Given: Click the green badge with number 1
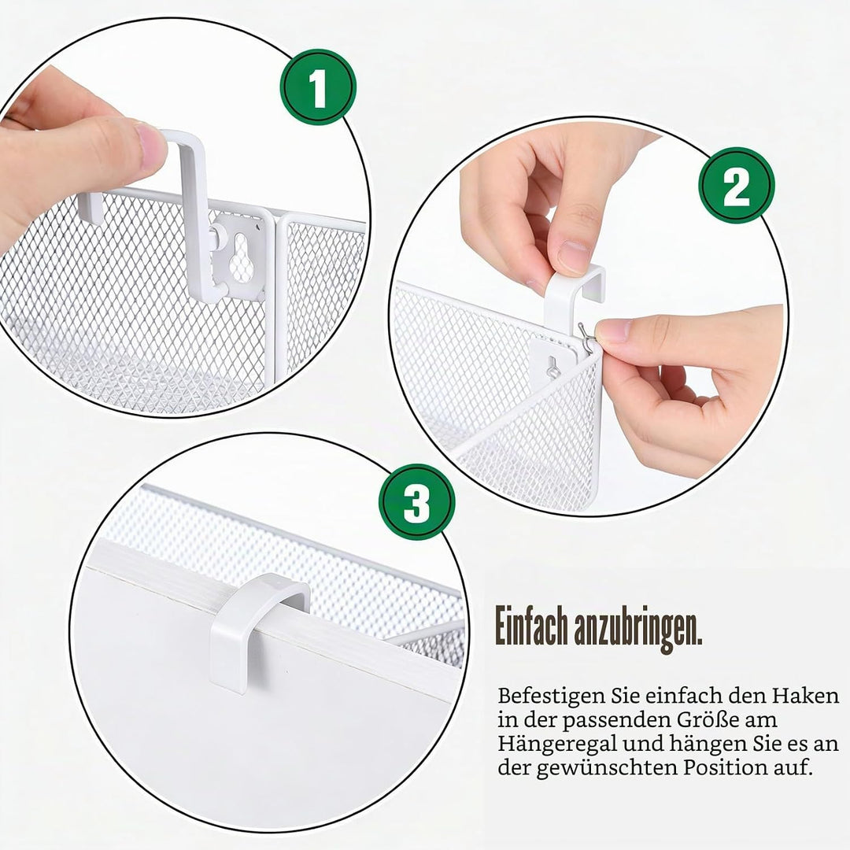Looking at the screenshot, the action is [x=318, y=87].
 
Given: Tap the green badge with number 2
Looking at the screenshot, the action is [x=736, y=186].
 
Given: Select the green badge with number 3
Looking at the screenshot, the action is [x=417, y=502].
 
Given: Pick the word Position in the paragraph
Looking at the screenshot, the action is [x=728, y=768].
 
